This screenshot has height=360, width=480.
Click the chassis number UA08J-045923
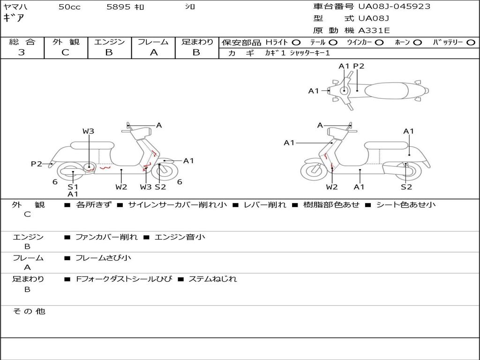[x=394, y=7]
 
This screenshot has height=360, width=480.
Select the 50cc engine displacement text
[x=69, y=7]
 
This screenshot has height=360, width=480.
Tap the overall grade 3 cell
[x=22, y=52]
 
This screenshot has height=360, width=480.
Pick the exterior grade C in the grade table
[x=65, y=52]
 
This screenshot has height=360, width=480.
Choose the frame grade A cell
[x=153, y=52]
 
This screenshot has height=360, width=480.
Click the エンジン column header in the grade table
[x=109, y=42]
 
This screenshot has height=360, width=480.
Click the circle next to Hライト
[x=296, y=43]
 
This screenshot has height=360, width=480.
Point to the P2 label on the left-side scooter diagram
[x=37, y=164]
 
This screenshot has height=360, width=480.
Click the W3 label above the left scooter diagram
[x=88, y=131]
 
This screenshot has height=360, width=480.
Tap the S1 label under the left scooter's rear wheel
[x=73, y=187]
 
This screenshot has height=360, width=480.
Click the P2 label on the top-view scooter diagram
[x=359, y=66]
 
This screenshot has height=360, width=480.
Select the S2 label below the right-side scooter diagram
[x=406, y=187]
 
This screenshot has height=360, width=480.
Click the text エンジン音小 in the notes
[x=180, y=237]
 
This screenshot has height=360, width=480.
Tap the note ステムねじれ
[x=212, y=279]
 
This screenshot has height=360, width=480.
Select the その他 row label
[x=29, y=311]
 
